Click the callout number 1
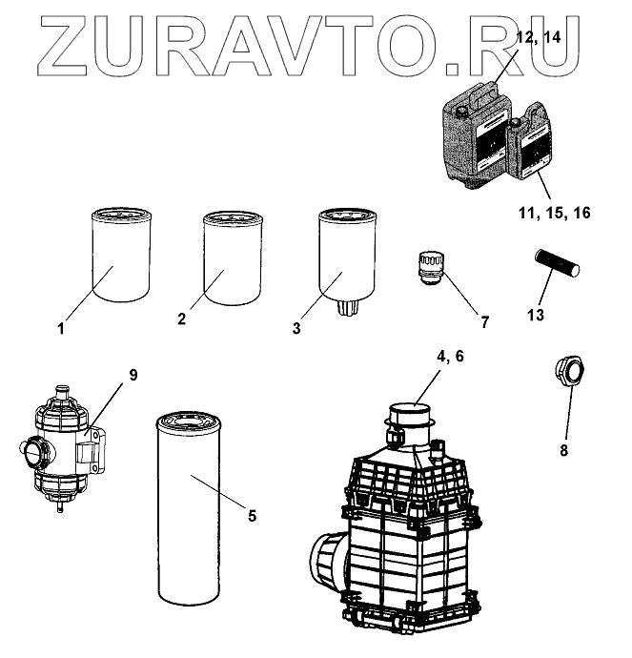60,330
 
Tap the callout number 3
296,328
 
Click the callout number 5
252,516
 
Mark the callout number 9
133,374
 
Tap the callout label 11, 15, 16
556,212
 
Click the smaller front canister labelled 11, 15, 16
530,148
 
